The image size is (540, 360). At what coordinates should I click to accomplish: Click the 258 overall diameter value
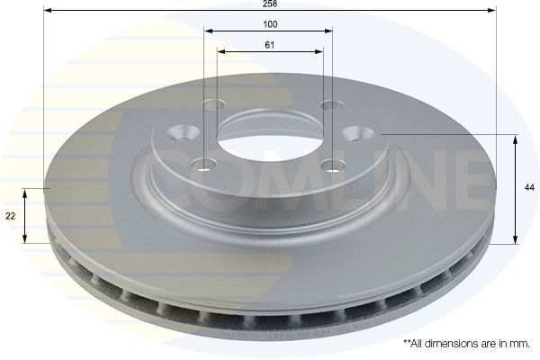click(x=269, y=4)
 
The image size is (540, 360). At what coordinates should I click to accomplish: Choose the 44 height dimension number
click(x=530, y=187)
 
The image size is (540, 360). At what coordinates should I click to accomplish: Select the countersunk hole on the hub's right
click(x=354, y=132)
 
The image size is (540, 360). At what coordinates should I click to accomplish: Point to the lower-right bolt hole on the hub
click(x=334, y=164)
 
